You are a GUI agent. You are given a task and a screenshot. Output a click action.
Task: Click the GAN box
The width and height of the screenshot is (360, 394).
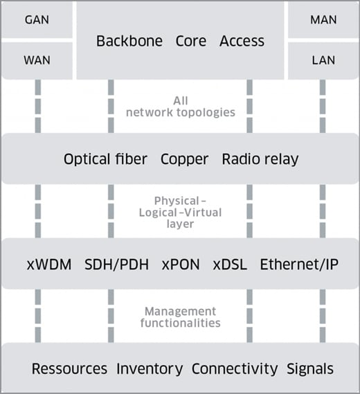37,20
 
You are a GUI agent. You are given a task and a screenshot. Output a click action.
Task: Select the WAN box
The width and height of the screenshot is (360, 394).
37,61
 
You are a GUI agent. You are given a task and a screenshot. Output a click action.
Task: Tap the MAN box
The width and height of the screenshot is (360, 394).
322,20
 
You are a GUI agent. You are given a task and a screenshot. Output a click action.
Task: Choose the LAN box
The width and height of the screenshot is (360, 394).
322,61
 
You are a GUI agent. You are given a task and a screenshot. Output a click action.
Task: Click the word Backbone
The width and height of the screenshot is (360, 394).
129,41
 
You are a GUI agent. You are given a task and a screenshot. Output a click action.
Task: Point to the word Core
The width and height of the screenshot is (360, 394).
191,41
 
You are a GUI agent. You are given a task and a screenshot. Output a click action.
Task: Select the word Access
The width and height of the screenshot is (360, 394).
242,41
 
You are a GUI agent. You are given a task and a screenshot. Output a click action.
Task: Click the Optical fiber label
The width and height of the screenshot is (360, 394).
105,159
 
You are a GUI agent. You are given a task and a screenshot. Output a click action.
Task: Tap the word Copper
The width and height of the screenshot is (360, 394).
184,159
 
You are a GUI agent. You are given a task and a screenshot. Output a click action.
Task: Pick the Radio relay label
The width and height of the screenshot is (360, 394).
260,159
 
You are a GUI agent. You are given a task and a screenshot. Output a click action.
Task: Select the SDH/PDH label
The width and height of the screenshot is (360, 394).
117,264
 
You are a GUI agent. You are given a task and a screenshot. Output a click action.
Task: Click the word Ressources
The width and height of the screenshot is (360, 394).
69,368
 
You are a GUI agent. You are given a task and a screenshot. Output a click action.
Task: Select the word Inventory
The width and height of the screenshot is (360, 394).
150,368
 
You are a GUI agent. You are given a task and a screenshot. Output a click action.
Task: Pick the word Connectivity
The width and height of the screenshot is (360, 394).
235,368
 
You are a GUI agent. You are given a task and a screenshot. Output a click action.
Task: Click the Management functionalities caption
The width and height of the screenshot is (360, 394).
180,317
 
